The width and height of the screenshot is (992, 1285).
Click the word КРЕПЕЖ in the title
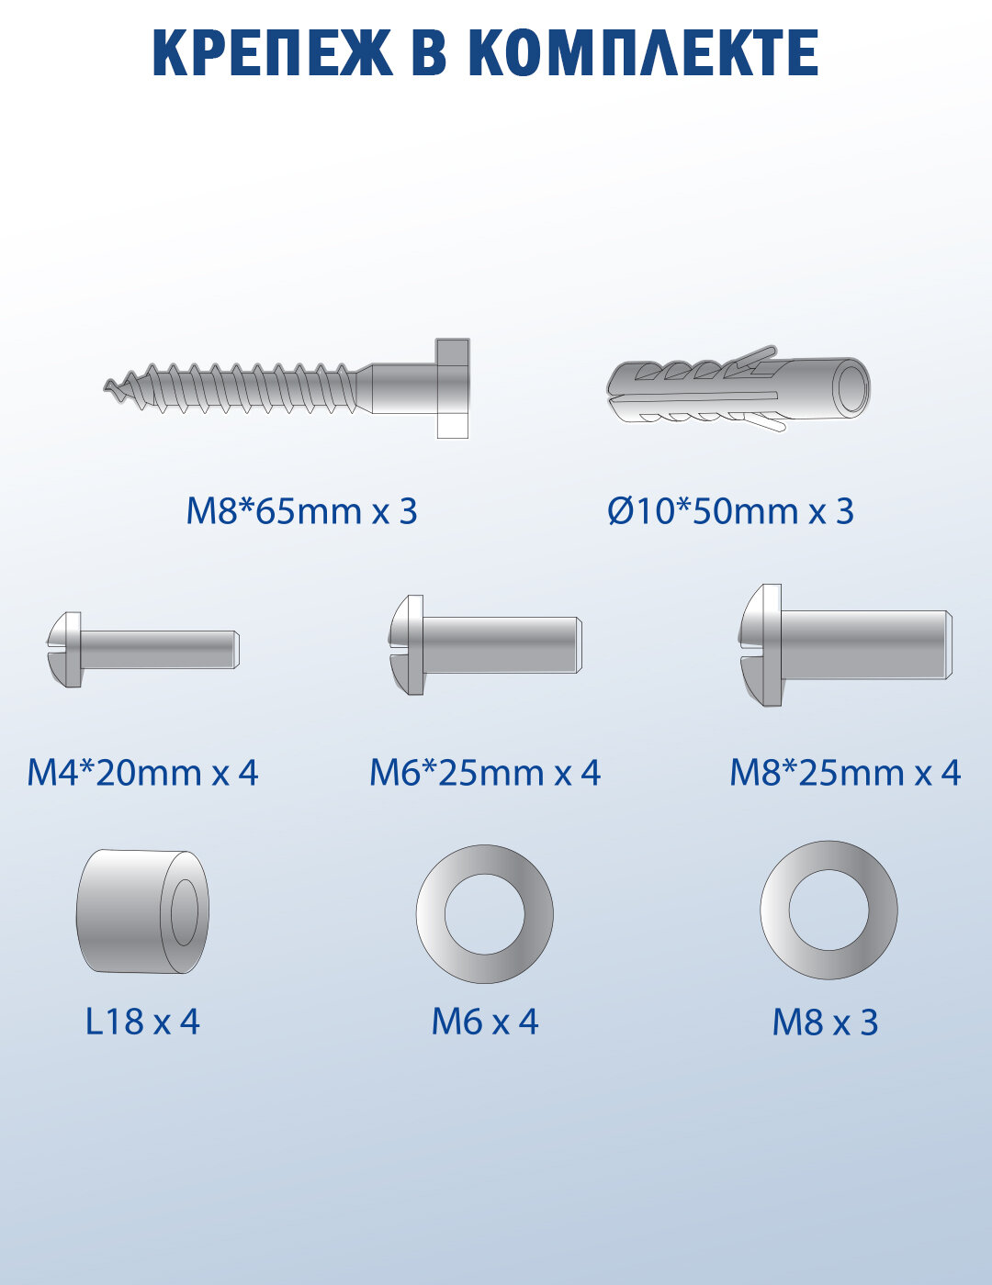(x=273, y=52)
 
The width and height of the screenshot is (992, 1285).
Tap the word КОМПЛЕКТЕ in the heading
(x=643, y=52)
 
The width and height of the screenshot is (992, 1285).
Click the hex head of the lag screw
(x=453, y=388)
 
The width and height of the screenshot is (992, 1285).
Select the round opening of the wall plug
(x=851, y=386)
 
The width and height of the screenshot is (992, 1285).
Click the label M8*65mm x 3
(x=301, y=511)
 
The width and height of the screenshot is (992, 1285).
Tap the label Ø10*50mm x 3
(x=730, y=511)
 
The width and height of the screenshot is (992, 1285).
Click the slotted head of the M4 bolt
(x=64, y=649)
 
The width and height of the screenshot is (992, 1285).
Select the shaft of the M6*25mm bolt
(x=502, y=644)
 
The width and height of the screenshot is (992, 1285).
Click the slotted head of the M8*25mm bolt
(x=761, y=645)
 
